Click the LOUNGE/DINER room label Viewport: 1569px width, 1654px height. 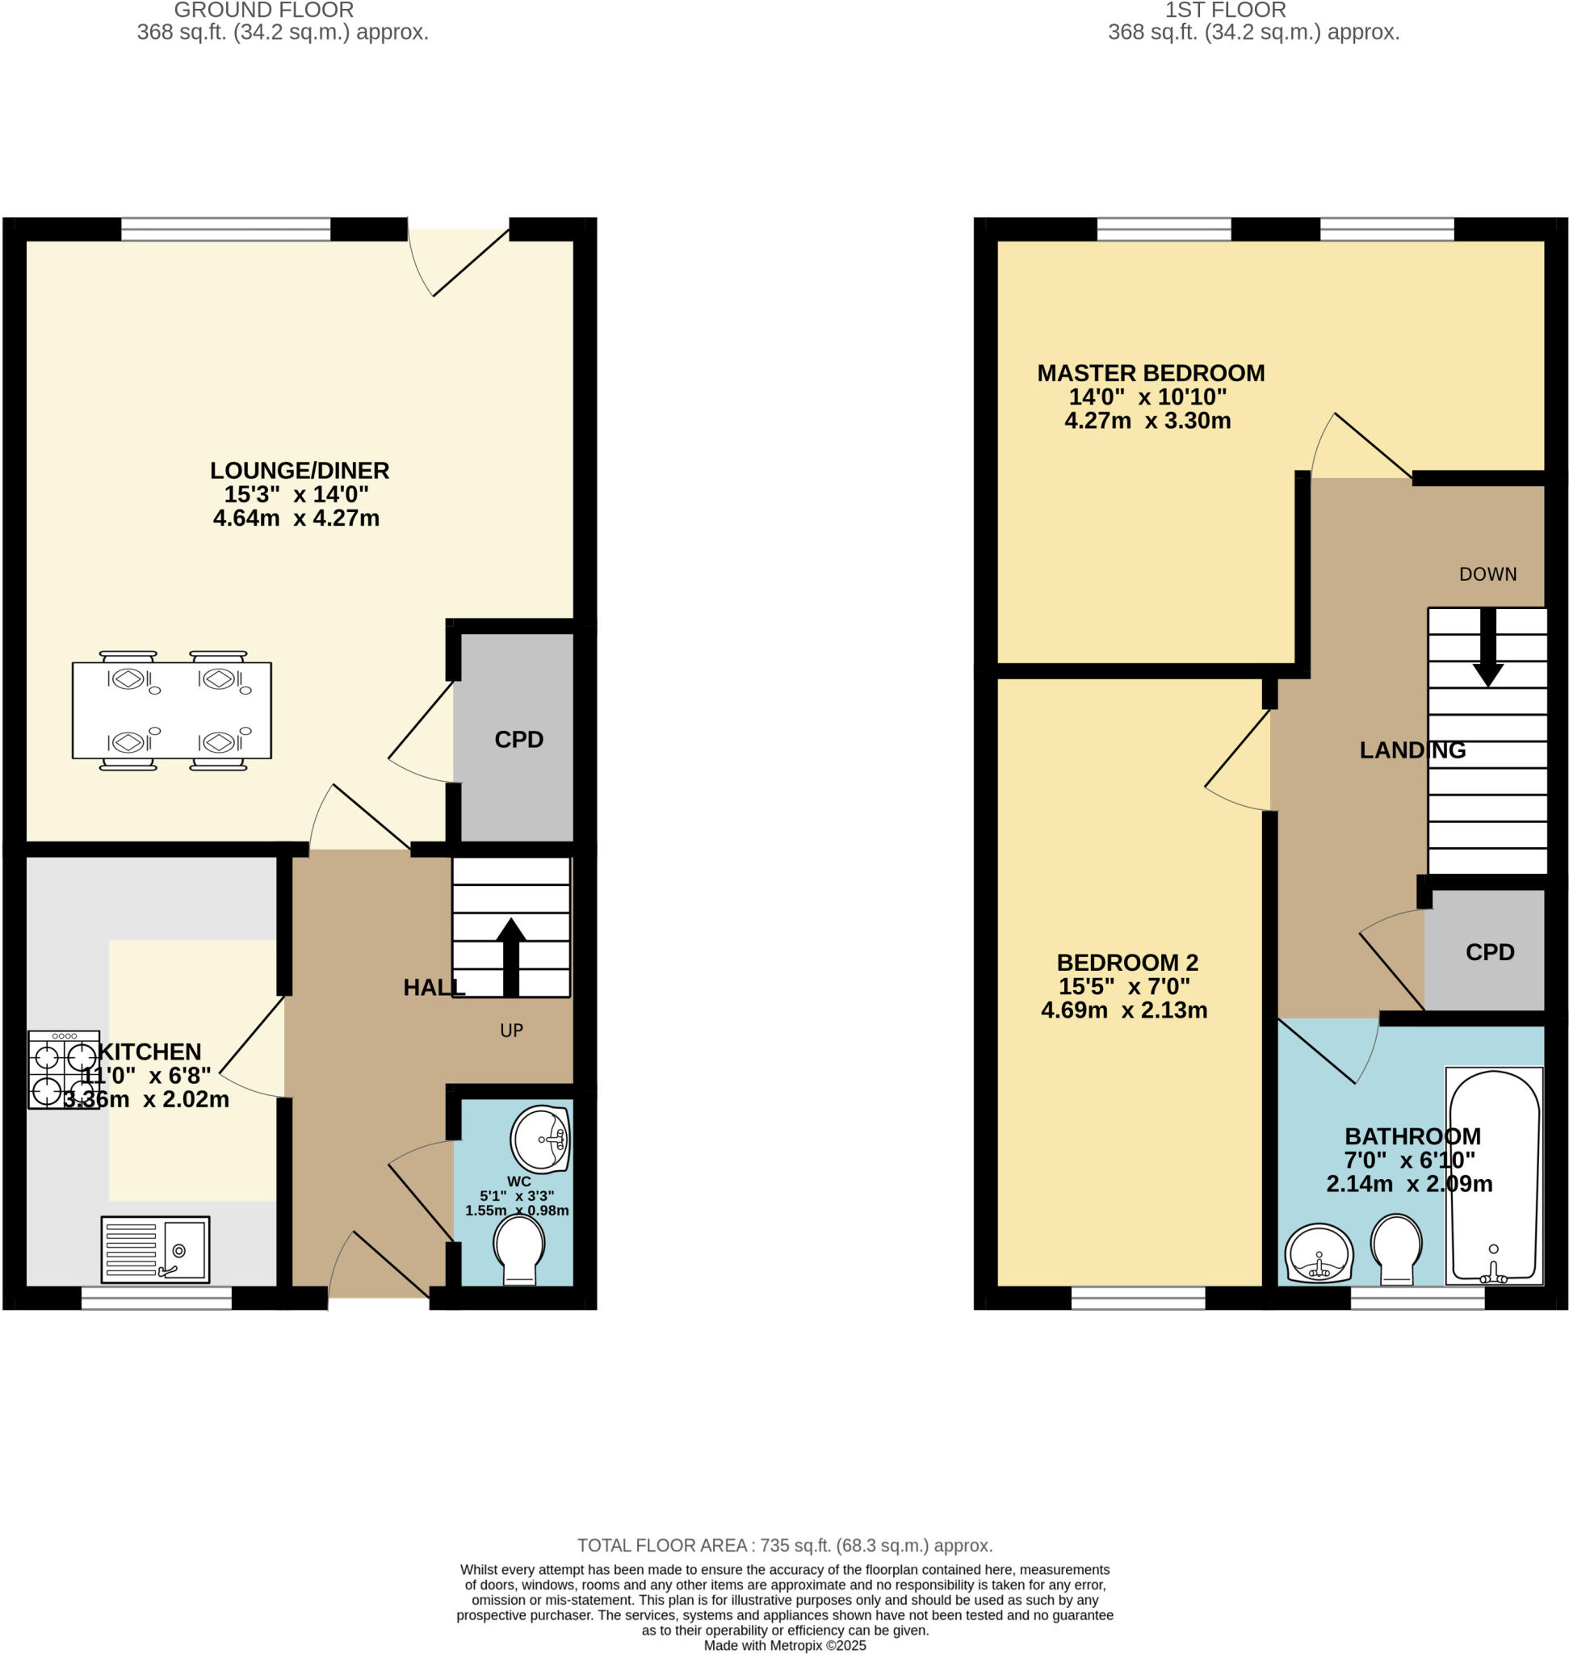click(300, 470)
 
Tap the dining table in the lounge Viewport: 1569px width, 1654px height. click(171, 710)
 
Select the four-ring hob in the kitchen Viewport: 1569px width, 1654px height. click(64, 1069)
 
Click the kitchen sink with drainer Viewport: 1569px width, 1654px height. click(155, 1249)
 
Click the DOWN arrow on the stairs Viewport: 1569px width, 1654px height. click(1488, 648)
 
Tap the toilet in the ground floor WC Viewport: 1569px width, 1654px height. click(519, 1250)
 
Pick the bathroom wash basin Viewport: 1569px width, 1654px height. click(1319, 1253)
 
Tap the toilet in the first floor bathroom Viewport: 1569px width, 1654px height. click(1396, 1249)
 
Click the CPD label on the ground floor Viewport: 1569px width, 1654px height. click(518, 740)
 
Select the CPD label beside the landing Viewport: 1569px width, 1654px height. click(1490, 952)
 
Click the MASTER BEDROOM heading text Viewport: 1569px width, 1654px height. click(1151, 373)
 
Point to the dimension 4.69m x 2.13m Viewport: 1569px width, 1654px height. click(1124, 1010)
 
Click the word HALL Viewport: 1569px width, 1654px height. click(432, 987)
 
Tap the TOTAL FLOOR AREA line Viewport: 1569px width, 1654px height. click(785, 1545)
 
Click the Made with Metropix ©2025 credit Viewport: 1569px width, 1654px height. click(785, 1645)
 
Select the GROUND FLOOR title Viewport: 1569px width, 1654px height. click(263, 10)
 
